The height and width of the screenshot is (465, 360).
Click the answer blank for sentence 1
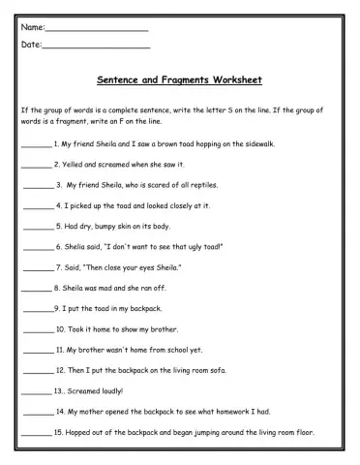click(x=35, y=145)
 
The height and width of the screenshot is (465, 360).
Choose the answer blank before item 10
click(x=38, y=330)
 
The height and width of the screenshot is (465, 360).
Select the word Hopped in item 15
click(x=80, y=432)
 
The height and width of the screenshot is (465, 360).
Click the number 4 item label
click(x=59, y=205)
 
